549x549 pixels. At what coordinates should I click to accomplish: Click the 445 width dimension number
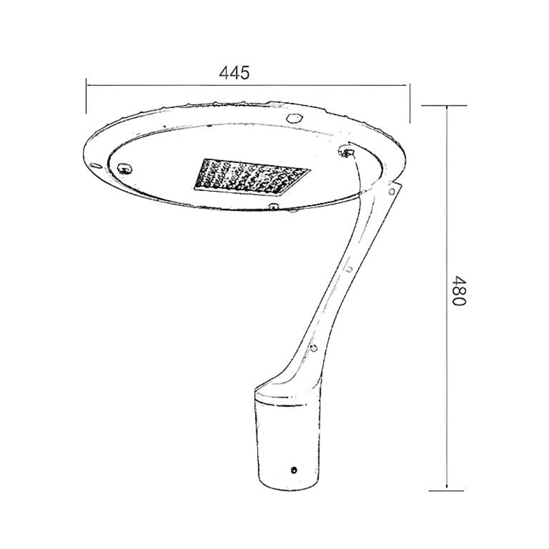click(x=234, y=73)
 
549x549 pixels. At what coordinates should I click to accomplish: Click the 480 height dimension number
click(x=459, y=291)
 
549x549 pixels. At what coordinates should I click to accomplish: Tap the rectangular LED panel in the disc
click(x=252, y=177)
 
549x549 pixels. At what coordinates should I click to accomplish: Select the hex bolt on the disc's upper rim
click(x=294, y=117)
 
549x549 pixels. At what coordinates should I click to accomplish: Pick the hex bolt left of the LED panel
click(x=125, y=168)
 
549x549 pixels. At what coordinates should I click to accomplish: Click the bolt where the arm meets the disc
click(x=347, y=151)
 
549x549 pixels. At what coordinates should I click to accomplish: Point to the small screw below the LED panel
click(x=273, y=207)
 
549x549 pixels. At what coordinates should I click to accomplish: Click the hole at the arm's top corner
click(x=392, y=191)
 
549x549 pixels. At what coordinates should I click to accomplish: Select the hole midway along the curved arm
click(x=349, y=269)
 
